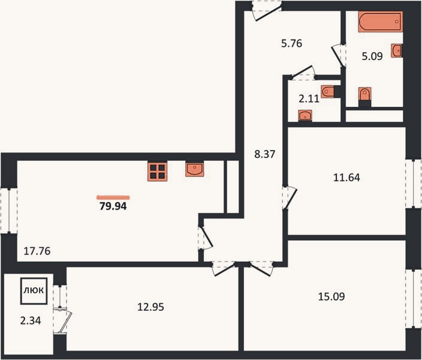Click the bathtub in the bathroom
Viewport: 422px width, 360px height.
coord(380,22)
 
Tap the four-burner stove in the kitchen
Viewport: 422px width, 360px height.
coord(158,172)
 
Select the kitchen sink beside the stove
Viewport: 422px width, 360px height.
coord(194,169)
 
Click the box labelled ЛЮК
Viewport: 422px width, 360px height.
coord(34,291)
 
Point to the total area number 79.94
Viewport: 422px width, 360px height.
coord(113,206)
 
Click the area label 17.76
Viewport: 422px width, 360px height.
coord(37,251)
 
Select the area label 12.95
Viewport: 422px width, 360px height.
coord(150,307)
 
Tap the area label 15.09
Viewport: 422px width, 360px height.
coord(331,296)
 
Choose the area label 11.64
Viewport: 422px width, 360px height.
coord(346,178)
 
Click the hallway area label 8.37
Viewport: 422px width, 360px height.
coord(265,154)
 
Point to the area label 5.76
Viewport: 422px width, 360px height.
coord(292,43)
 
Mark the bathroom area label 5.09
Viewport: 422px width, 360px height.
coord(372,56)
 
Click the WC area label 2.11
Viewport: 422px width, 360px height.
coord(309,99)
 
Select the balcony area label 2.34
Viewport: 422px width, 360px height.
coord(31,320)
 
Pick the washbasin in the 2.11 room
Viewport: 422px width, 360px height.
coord(305,115)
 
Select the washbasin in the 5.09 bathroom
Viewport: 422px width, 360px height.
coord(397,50)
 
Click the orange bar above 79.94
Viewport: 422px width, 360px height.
coord(113,197)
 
